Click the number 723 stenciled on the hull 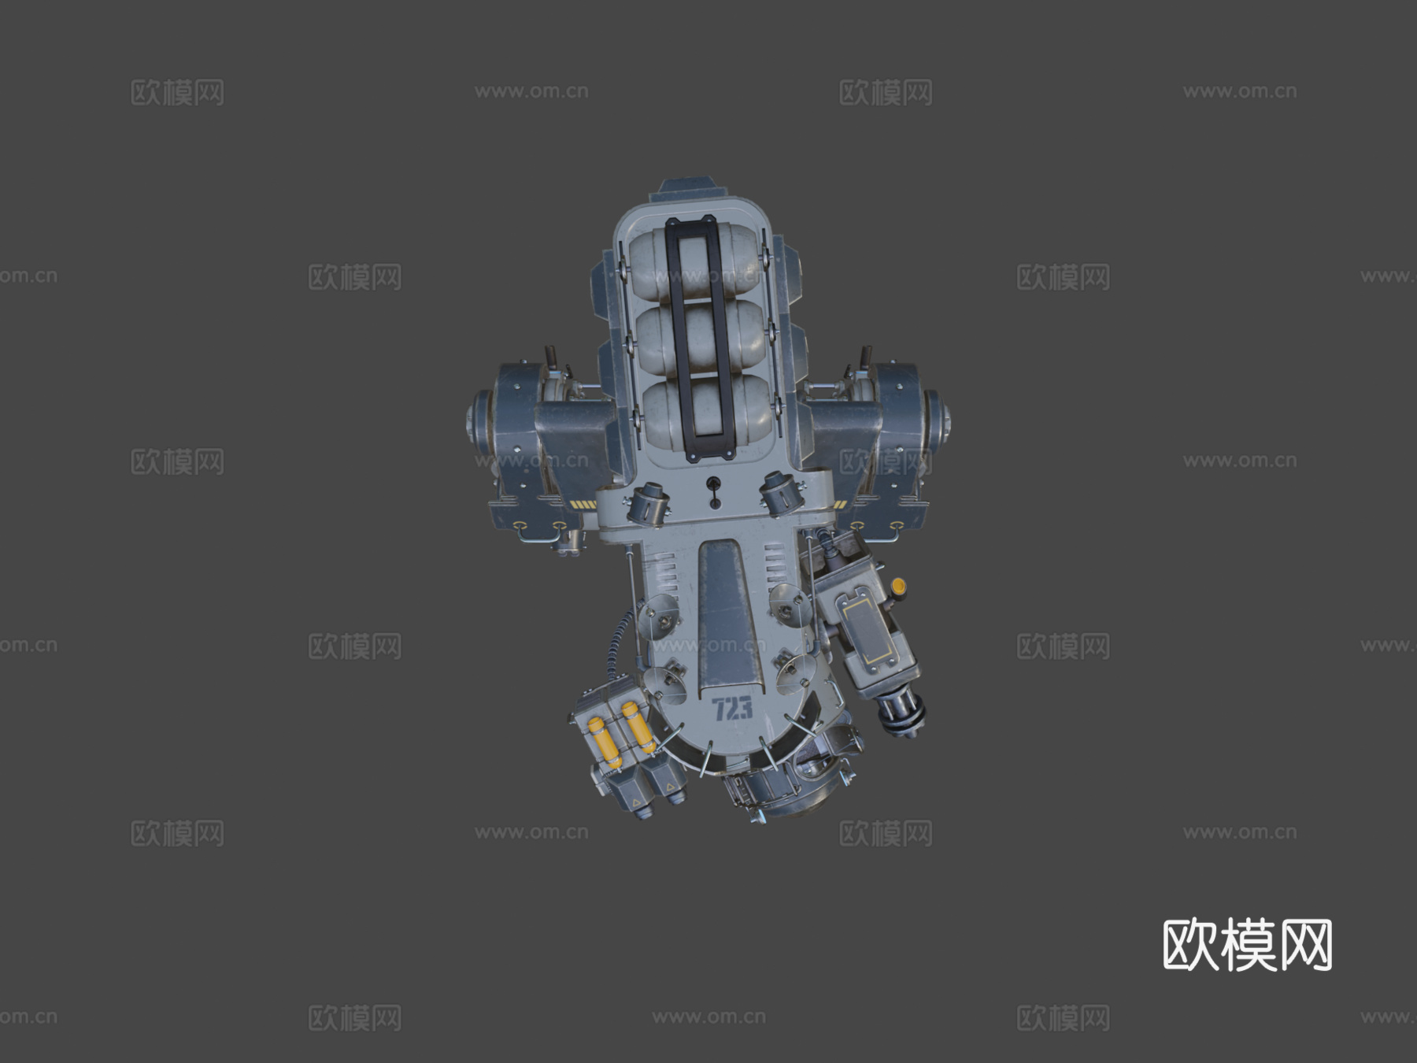pos(733,709)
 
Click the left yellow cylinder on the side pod pos(605,742)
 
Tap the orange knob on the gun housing pos(897,586)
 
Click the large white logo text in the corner pos(1247,944)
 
